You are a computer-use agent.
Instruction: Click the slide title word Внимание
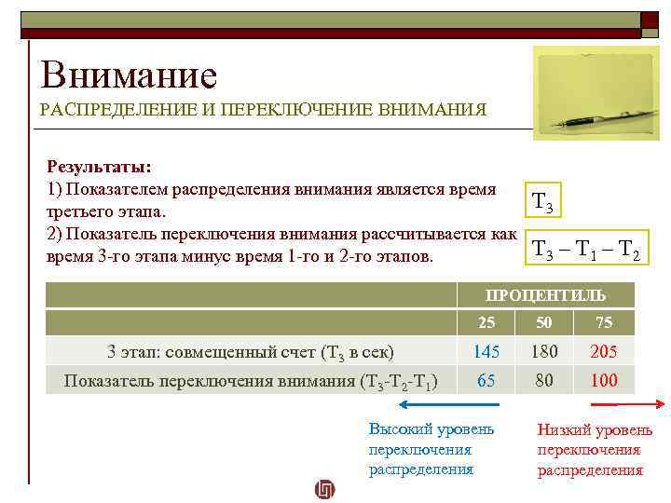pos(129,75)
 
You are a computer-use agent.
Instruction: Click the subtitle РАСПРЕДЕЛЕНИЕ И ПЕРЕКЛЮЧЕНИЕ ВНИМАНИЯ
pos(263,110)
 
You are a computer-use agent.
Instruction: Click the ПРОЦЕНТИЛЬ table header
pos(545,295)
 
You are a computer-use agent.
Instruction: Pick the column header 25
pos(486,323)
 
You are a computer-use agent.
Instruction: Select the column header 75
pos(603,323)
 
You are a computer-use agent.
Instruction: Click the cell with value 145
pos(486,352)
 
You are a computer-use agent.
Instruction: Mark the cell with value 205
pos(603,352)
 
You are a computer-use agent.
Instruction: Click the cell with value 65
pos(486,380)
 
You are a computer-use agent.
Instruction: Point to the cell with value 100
pos(603,380)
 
